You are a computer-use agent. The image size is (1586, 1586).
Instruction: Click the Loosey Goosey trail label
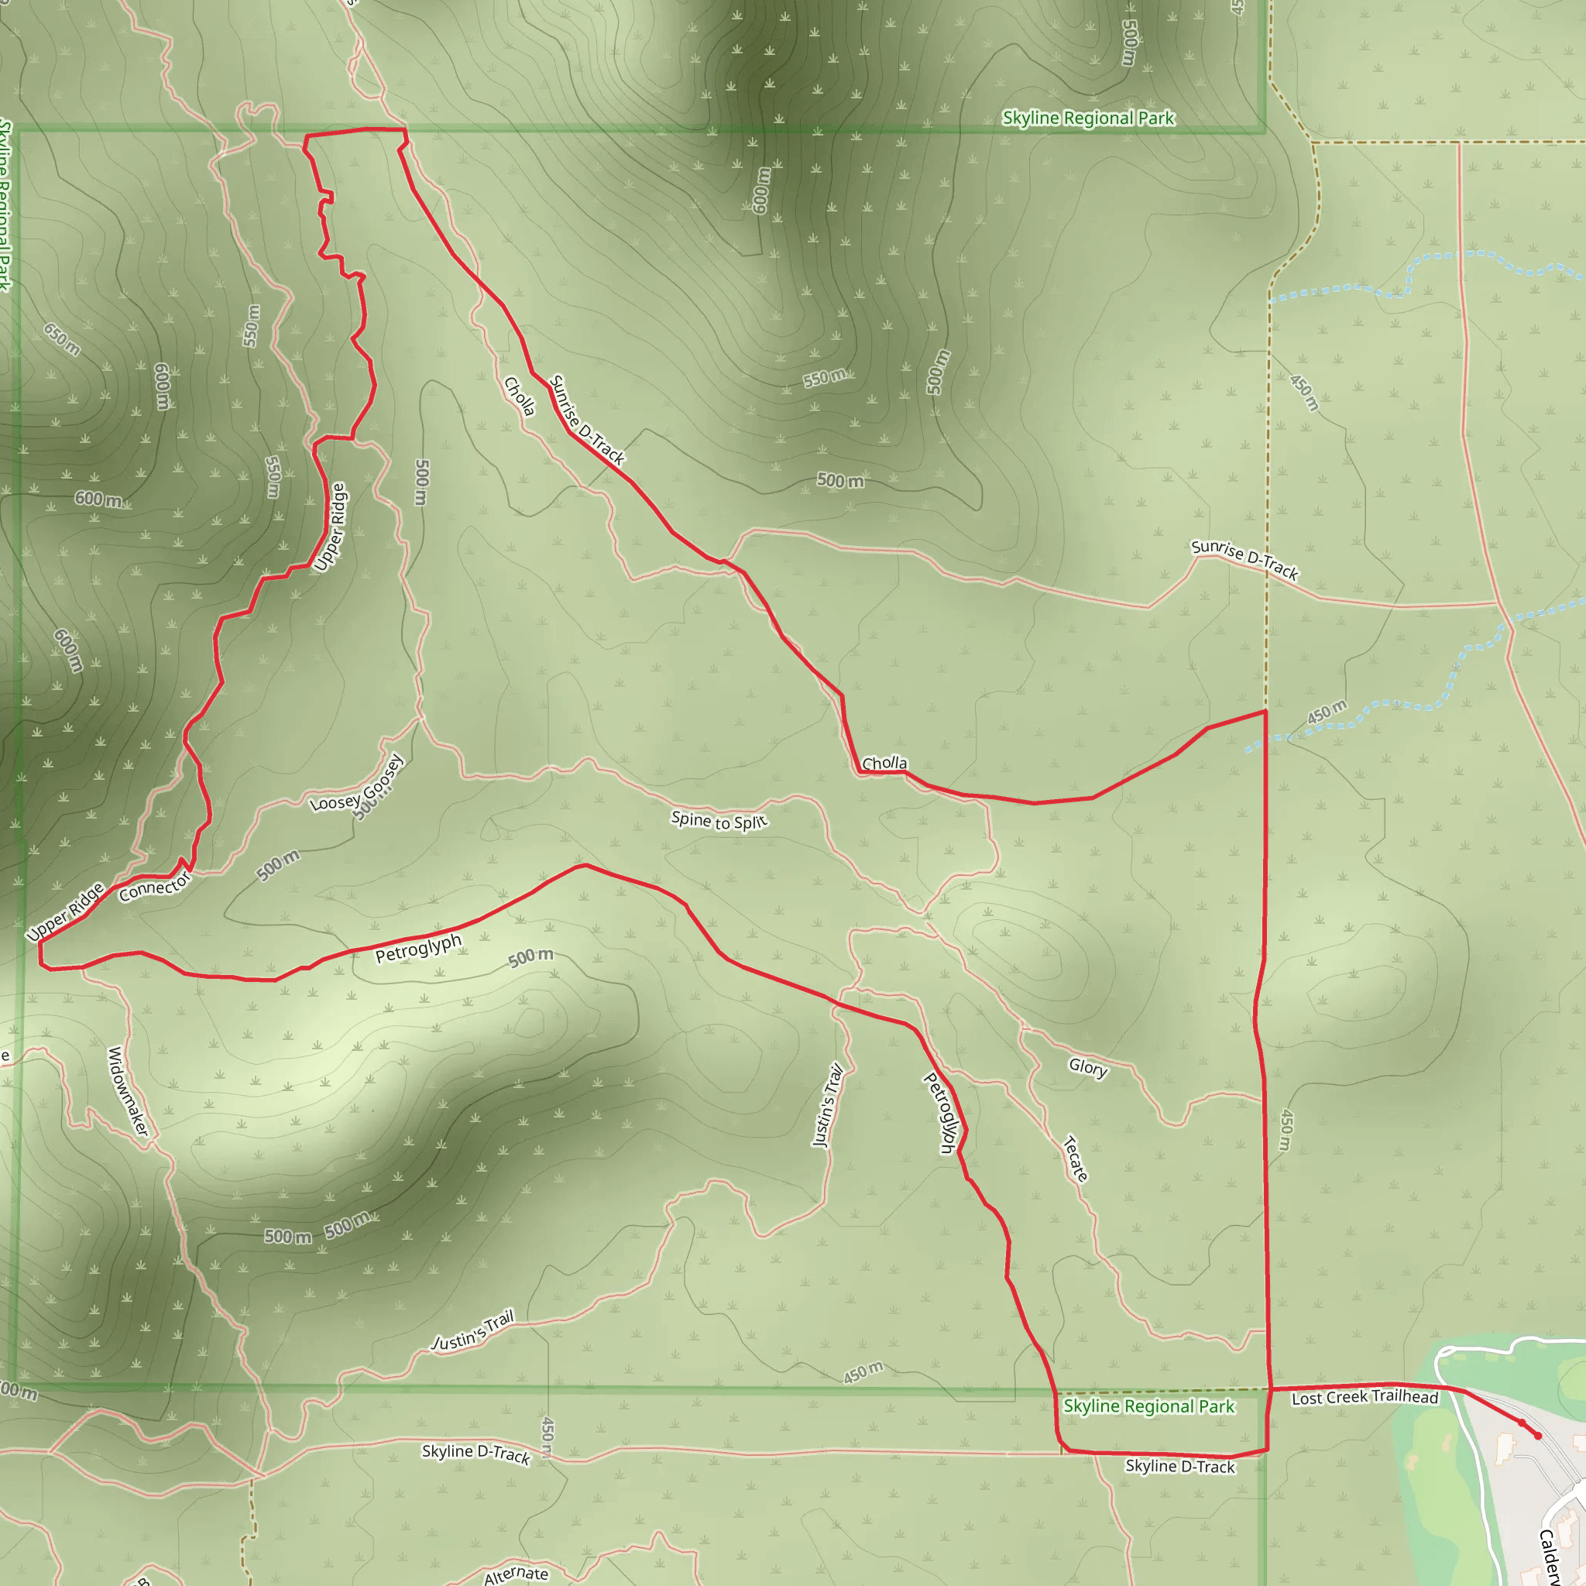coord(358,785)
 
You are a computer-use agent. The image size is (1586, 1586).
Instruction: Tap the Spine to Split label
coord(719,820)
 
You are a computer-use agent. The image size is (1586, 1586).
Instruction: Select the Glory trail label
coord(1088,1066)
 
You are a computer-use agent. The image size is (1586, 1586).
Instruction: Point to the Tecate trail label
coord(1076,1159)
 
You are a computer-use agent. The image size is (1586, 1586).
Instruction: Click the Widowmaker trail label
coord(129,1092)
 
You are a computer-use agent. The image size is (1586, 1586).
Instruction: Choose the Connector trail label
coord(154,887)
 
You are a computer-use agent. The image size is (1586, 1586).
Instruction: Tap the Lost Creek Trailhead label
coord(1365,1397)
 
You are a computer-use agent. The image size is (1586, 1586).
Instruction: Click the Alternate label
coord(516,1574)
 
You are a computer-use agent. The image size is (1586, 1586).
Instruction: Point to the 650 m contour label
coord(63,340)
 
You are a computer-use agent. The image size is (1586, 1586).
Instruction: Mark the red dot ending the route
coord(1537,1436)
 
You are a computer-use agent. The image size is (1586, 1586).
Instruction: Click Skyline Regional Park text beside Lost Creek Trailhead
coord(1148,1406)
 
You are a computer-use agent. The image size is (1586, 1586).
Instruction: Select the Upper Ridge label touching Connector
coord(66,911)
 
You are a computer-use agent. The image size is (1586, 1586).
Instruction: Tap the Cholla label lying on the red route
coord(884,764)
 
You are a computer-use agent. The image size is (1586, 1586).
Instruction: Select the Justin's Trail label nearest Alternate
coord(473,1330)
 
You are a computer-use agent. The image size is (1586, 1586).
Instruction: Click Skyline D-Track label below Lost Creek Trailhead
coord(1179,1466)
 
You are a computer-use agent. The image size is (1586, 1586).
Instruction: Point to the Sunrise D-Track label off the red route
coord(1244,559)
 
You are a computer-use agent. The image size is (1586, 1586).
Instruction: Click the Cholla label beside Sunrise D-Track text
coord(520,396)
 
